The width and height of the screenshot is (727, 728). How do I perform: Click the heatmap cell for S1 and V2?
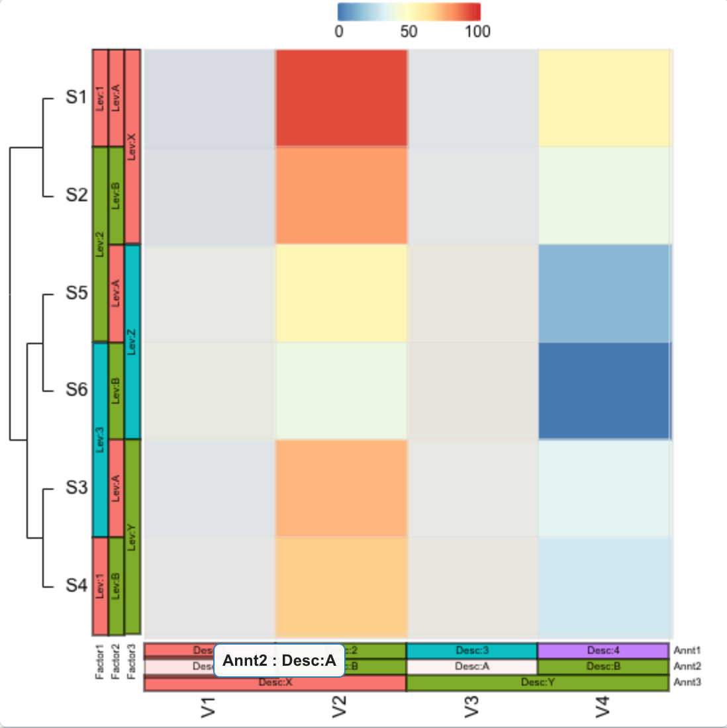pyautogui.click(x=341, y=98)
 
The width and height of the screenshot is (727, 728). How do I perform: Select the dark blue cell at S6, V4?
pyautogui.click(x=604, y=390)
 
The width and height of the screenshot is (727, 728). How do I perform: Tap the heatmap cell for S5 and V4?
pyautogui.click(x=604, y=293)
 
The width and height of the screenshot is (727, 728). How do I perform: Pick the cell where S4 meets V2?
pyautogui.click(x=341, y=586)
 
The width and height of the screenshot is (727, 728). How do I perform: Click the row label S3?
pyautogui.click(x=76, y=488)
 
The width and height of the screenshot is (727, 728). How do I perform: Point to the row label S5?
pyautogui.click(x=76, y=293)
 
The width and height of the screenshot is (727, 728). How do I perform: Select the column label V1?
pyautogui.click(x=209, y=707)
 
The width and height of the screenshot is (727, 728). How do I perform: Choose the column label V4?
pyautogui.click(x=603, y=707)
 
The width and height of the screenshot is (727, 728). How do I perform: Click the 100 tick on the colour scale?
pyautogui.click(x=477, y=32)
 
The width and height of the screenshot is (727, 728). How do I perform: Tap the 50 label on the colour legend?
pyautogui.click(x=409, y=32)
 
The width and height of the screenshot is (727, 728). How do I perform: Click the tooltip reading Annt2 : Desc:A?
pyautogui.click(x=279, y=660)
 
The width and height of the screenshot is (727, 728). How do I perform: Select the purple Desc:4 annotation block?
pyautogui.click(x=603, y=651)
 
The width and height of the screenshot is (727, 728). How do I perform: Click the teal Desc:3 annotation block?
pyautogui.click(x=472, y=651)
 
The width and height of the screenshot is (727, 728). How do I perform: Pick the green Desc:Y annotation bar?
pyautogui.click(x=538, y=682)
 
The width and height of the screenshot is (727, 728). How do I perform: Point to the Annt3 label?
pyautogui.click(x=687, y=682)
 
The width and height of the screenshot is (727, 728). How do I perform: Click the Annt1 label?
pyautogui.click(x=687, y=651)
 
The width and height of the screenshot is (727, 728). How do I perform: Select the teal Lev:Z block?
pyautogui.click(x=132, y=341)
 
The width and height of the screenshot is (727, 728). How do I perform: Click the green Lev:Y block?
pyautogui.click(x=132, y=536)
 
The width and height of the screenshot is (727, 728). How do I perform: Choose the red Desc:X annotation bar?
pyautogui.click(x=275, y=683)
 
